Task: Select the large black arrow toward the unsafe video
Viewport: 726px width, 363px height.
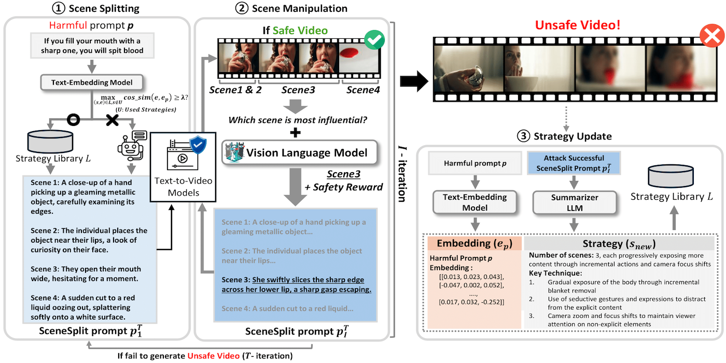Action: pos(413,81)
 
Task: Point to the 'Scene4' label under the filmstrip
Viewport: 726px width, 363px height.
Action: pos(362,90)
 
